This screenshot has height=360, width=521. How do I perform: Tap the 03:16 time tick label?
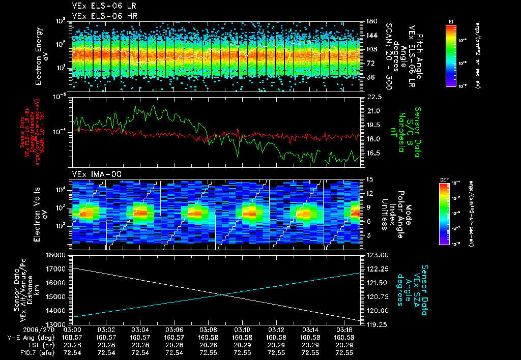coord(344,329)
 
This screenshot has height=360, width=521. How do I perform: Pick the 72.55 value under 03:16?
coord(344,352)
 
